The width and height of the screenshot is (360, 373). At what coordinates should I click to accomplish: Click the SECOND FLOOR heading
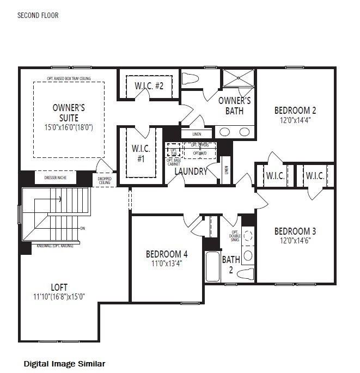(38, 16)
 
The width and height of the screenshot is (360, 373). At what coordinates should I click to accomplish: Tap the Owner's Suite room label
(69, 112)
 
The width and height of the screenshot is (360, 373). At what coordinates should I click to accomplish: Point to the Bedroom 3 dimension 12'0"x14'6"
(295, 241)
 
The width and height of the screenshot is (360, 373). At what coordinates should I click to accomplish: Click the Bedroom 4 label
(167, 254)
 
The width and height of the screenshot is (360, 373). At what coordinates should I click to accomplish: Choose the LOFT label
(59, 287)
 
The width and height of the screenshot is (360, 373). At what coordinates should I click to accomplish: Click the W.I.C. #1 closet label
(141, 153)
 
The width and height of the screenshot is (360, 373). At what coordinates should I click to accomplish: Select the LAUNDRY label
(191, 172)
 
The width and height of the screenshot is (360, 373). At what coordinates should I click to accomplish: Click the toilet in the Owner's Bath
(191, 78)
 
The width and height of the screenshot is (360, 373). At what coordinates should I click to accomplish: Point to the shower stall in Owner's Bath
(239, 80)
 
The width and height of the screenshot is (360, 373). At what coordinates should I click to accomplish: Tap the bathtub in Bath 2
(212, 267)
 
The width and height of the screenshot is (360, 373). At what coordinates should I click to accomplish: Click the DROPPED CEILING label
(105, 180)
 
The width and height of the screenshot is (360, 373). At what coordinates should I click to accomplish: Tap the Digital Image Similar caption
(64, 363)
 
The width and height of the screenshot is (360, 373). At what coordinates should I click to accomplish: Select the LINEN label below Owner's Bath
(197, 133)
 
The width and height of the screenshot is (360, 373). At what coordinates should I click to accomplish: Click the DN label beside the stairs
(82, 228)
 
